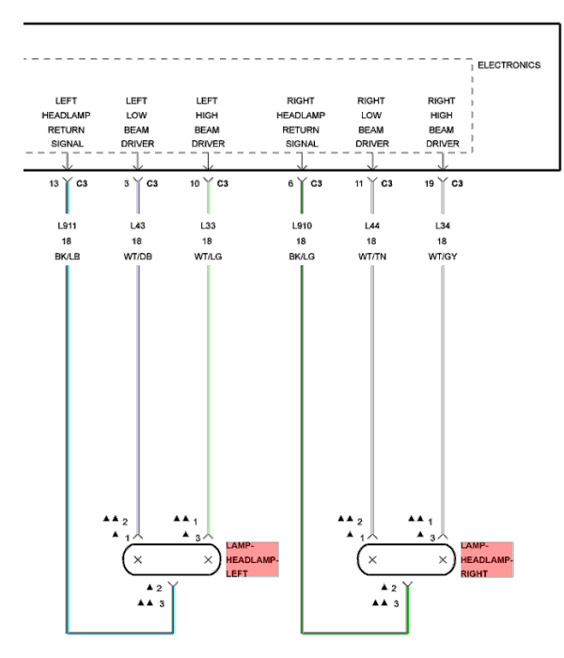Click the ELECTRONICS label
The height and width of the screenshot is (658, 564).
tap(509, 65)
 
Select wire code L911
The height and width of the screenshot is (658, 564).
tap(67, 227)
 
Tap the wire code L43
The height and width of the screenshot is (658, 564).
tap(138, 227)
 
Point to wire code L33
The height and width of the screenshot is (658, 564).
tap(208, 227)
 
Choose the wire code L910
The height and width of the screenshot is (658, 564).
tap(302, 227)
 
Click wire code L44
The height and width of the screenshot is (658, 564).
tap(372, 227)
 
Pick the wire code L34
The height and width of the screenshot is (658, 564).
tap(442, 227)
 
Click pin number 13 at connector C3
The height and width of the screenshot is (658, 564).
tap(54, 183)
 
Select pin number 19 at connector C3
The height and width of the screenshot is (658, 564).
tap(429, 183)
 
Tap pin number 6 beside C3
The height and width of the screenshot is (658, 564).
tap(291, 183)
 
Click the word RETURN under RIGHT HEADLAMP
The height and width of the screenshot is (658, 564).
tap(301, 130)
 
